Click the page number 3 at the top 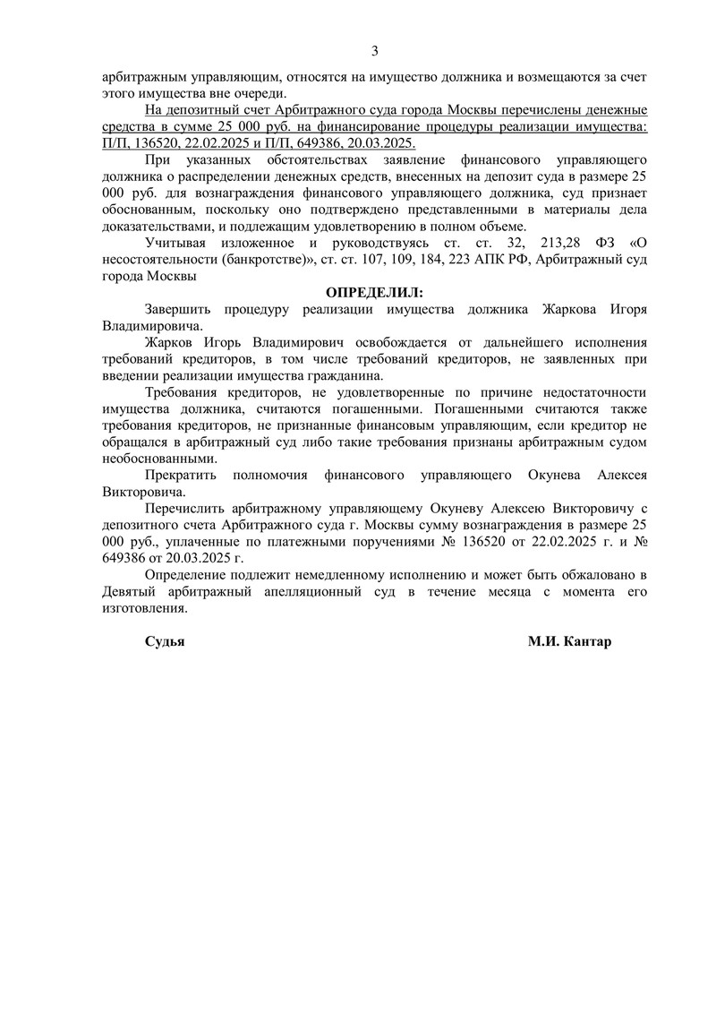375,50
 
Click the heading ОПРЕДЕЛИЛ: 374,293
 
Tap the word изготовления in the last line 145,608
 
